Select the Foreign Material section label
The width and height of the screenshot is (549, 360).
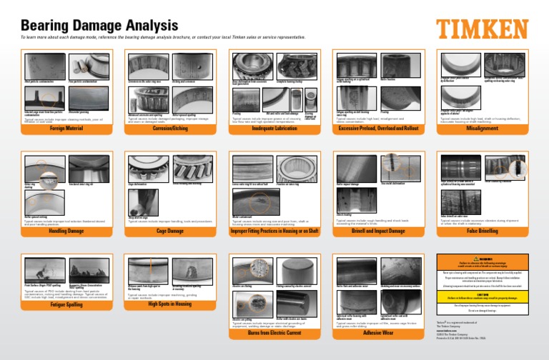click(64, 129)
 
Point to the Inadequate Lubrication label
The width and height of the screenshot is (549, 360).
click(274, 129)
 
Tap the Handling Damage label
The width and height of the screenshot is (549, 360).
click(64, 231)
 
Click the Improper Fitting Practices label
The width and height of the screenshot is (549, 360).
click(274, 231)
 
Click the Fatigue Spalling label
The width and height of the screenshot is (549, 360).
click(64, 305)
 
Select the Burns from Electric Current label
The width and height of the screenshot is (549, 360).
click(274, 332)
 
